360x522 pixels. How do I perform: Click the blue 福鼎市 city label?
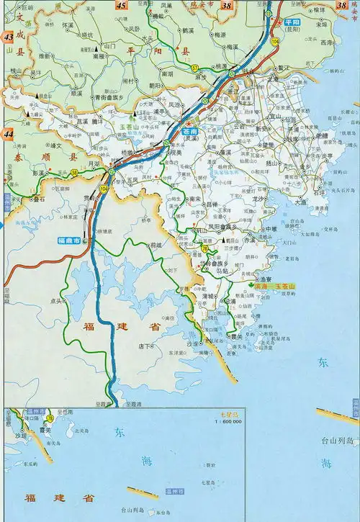point(70,241)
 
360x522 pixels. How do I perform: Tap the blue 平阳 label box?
point(292,23)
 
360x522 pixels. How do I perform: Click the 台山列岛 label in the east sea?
point(339,440)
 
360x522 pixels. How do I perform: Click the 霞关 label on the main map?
point(235,336)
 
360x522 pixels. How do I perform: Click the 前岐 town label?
point(154,246)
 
